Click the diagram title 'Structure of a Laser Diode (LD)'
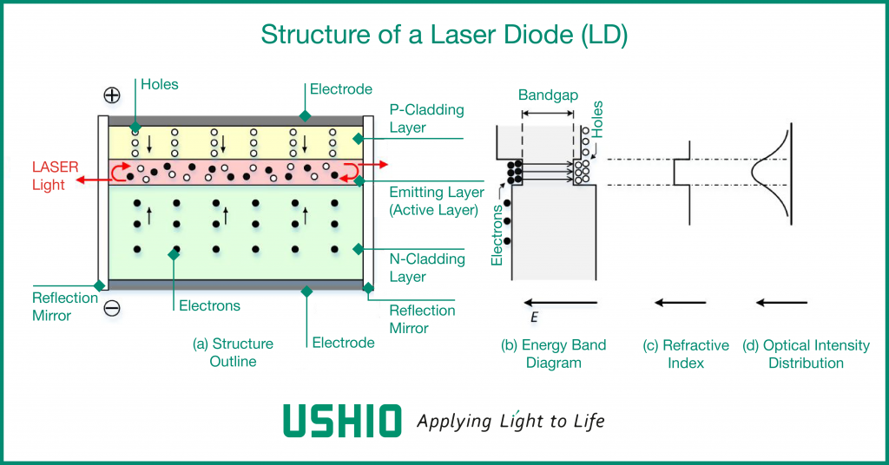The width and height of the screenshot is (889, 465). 444,35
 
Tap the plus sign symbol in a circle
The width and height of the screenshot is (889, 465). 112,95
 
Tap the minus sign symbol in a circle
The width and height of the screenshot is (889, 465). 112,308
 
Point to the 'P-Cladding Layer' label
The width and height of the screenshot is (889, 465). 426,119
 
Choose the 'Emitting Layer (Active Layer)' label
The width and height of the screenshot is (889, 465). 437,200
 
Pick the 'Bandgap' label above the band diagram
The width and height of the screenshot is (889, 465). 548,95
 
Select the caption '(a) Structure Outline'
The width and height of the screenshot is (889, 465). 233,352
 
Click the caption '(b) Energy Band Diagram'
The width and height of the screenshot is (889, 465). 553,354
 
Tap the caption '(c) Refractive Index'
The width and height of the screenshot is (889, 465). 686,354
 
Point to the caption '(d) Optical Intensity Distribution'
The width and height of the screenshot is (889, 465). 806,354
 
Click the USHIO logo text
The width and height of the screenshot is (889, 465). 343,421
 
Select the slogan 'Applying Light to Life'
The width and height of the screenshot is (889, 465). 510,422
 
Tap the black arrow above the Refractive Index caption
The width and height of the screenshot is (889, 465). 679,302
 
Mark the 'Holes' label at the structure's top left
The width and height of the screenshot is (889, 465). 159,84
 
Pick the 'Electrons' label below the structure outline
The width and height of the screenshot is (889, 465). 209,305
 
